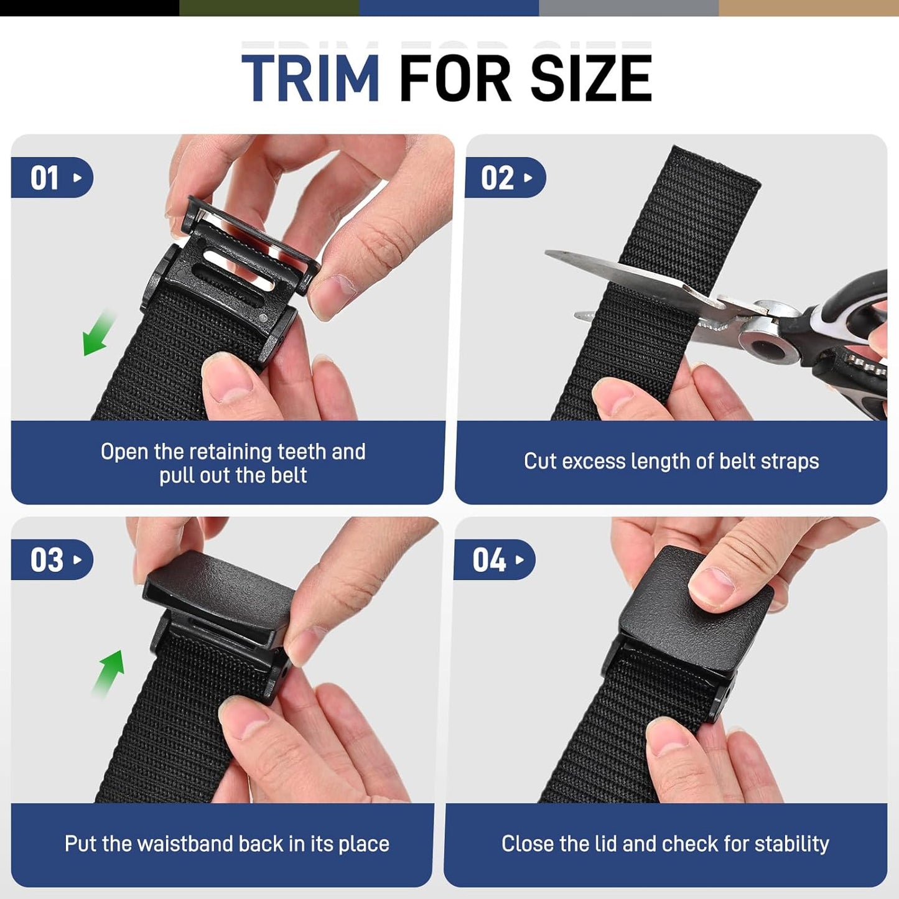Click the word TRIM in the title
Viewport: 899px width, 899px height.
coord(310,78)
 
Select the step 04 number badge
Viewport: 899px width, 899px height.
coord(494,560)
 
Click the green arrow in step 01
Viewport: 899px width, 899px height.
coord(98,333)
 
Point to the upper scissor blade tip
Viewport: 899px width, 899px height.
coord(550,253)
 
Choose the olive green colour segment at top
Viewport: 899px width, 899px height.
coord(269,7)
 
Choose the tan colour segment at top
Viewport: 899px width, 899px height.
coord(809,7)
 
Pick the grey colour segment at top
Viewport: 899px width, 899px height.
coord(628,7)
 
